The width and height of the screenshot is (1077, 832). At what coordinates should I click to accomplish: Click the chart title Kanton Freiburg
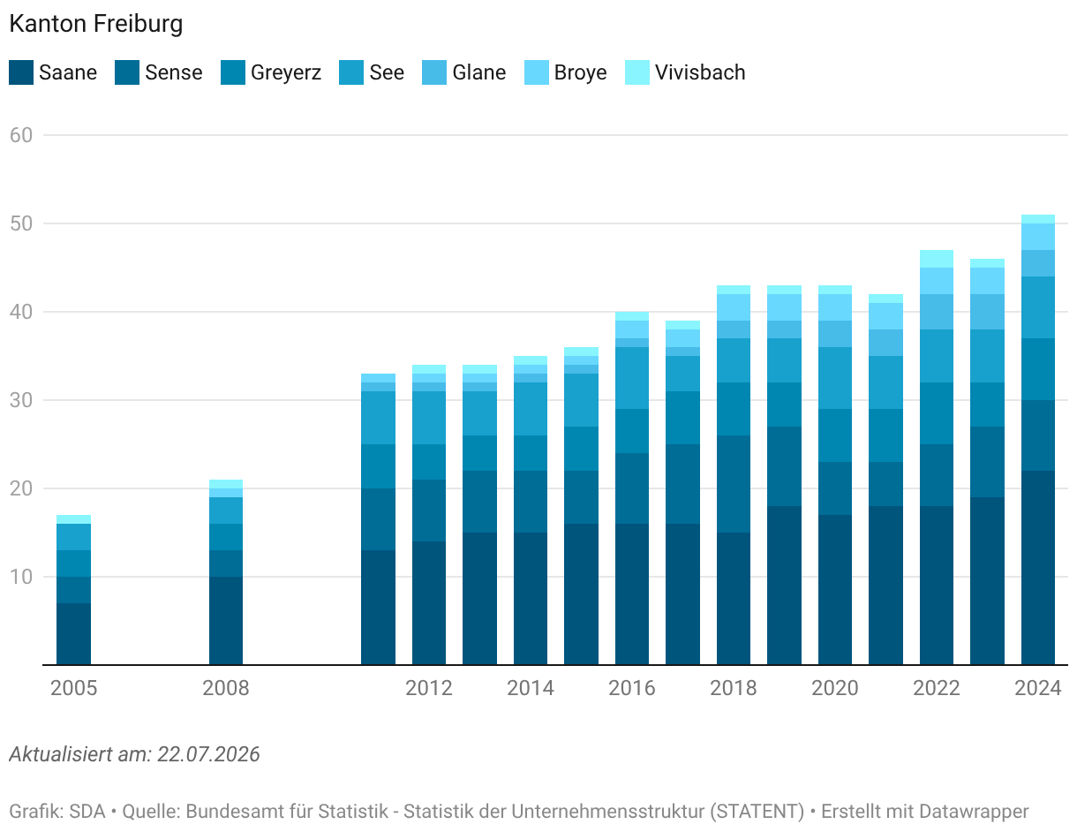[x=96, y=25]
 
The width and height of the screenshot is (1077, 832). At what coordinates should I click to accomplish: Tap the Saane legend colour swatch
[x=21, y=72]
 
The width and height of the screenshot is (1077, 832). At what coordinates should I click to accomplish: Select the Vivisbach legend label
[x=700, y=72]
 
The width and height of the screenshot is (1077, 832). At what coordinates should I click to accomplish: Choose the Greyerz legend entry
[x=271, y=72]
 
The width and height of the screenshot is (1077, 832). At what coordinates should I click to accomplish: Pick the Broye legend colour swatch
[x=537, y=72]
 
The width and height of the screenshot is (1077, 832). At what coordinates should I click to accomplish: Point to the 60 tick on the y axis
[x=21, y=135]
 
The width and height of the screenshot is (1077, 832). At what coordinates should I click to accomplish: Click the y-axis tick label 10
[x=21, y=577]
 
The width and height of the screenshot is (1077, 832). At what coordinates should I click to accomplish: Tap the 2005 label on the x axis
[x=74, y=688]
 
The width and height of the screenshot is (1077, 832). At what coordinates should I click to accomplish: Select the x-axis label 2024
[x=1038, y=688]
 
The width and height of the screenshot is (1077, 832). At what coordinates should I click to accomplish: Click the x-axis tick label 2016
[x=632, y=688]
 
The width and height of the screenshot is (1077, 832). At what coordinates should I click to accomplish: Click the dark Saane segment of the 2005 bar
[x=74, y=633]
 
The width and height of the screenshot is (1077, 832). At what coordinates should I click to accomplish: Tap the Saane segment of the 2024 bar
[x=1038, y=568]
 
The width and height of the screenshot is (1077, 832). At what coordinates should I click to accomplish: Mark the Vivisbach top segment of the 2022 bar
[x=937, y=259]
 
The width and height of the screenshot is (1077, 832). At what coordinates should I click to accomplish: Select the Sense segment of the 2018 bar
[x=734, y=484]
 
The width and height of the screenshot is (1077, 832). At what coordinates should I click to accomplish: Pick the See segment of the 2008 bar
[x=226, y=511]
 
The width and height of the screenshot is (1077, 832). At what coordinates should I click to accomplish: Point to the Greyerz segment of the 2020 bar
[x=835, y=435]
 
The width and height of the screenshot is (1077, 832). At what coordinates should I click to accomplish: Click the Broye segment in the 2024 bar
[x=1038, y=237]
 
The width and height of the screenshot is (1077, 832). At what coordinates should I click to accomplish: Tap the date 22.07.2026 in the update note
[x=208, y=754]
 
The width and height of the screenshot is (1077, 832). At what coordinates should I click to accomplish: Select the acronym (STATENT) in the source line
[x=757, y=812]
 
